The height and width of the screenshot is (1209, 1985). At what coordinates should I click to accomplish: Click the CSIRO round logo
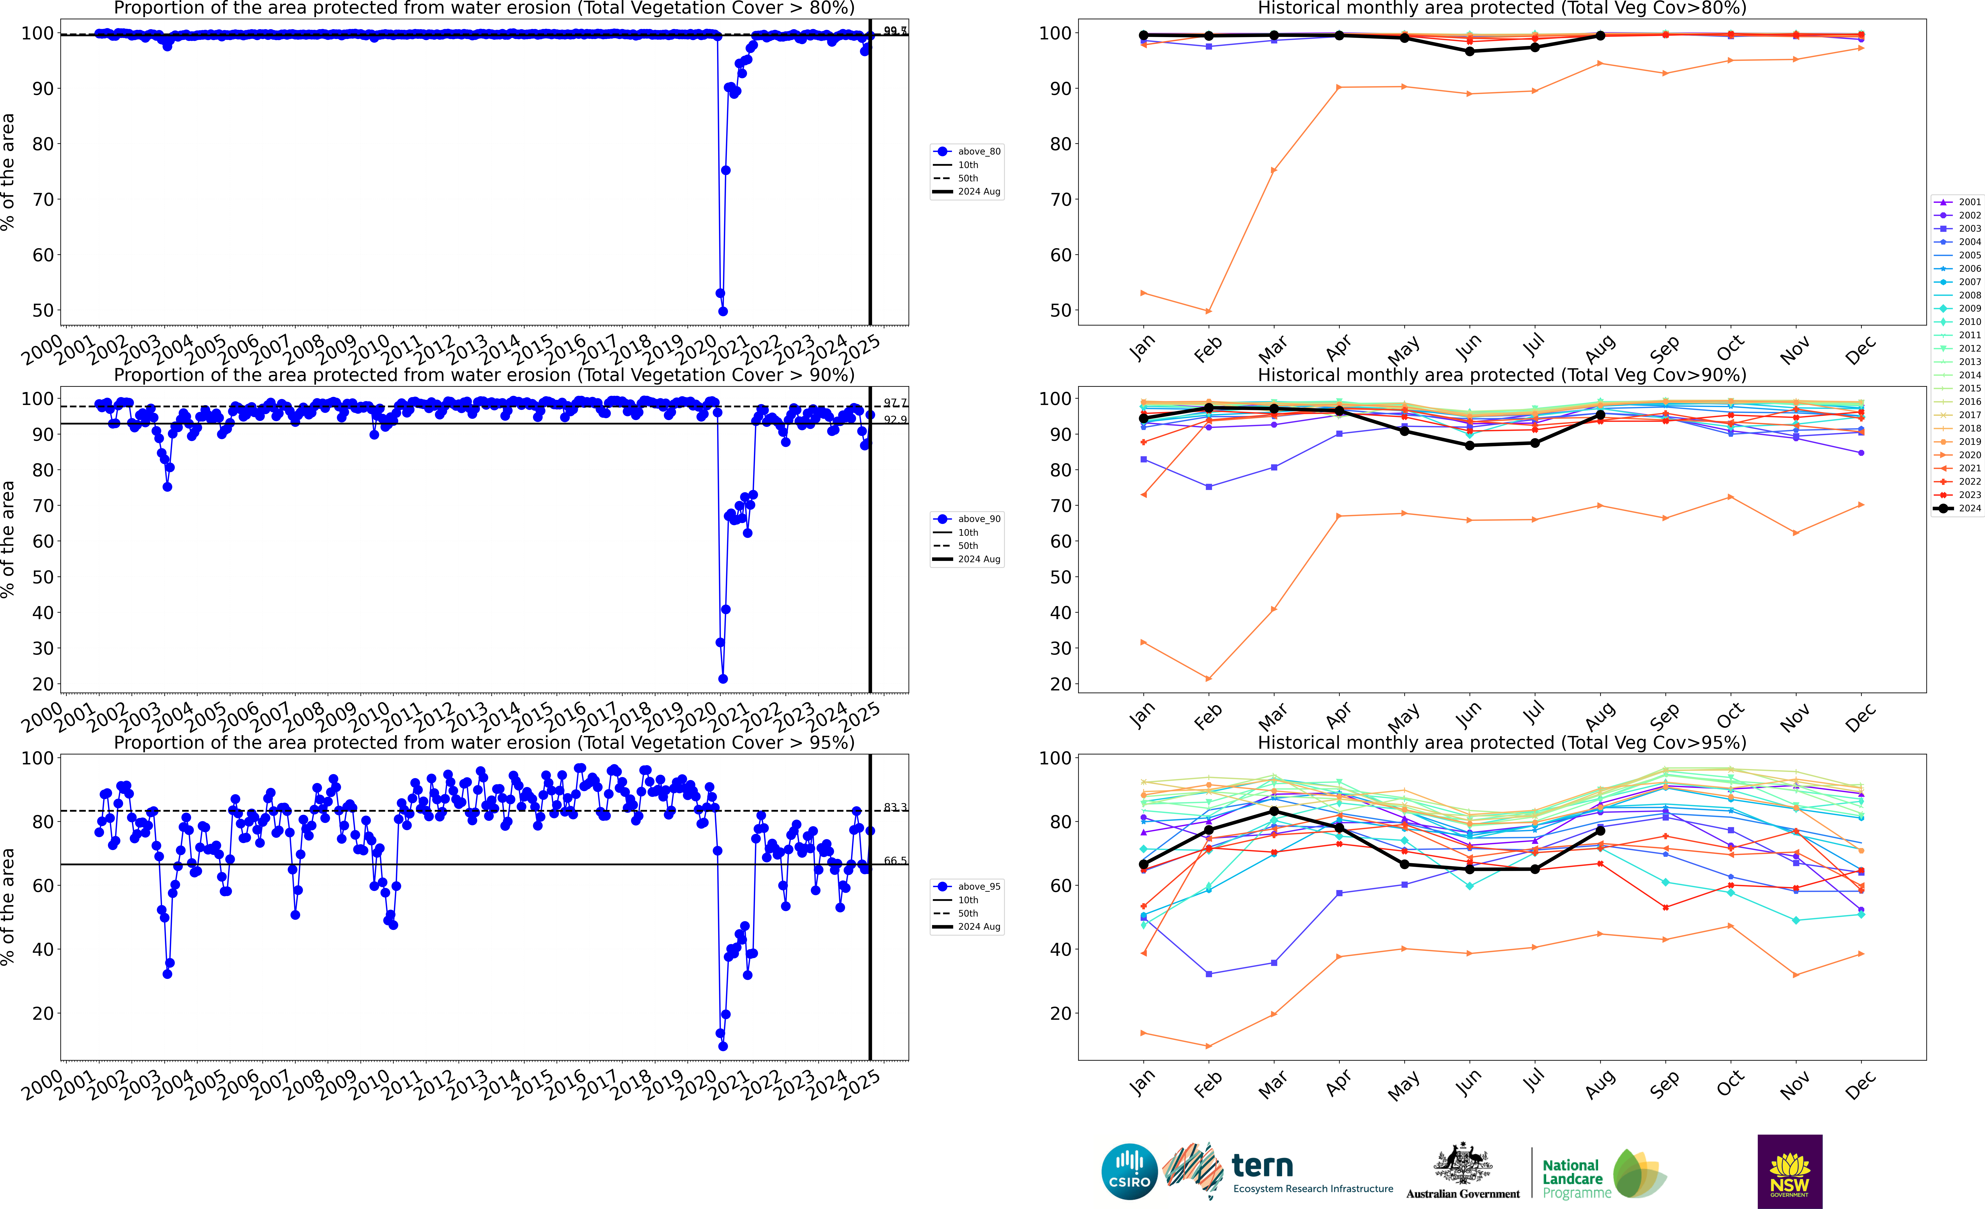pos(1129,1171)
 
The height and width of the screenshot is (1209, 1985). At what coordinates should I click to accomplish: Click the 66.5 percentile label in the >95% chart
pos(894,861)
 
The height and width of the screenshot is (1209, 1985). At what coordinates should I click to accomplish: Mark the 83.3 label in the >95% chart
pos(894,807)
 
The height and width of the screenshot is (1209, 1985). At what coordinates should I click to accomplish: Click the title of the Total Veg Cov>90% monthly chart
pos(1502,375)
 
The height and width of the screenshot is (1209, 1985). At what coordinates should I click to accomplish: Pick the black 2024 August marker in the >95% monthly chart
pos(1600,831)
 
